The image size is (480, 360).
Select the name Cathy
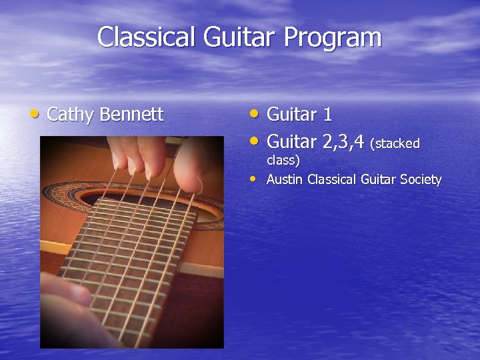tap(71, 115)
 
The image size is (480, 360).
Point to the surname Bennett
tap(131, 115)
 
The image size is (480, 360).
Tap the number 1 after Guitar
tap(327, 115)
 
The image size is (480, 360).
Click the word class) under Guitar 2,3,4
tap(283, 160)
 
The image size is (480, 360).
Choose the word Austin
tap(285, 179)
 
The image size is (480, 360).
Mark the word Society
tap(421, 179)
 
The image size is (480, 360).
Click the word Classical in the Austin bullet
tap(332, 179)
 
